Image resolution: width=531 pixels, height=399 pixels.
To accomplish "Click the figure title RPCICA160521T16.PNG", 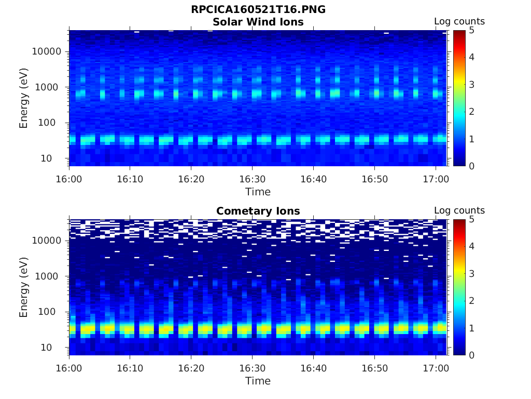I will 258,10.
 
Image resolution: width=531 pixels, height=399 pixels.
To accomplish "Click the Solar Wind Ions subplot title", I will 258,22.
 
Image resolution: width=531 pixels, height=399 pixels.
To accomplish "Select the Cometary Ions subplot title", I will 258,211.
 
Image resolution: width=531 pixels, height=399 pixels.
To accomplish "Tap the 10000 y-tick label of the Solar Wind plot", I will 47,51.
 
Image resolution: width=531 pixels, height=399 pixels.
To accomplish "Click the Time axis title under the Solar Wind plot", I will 258,192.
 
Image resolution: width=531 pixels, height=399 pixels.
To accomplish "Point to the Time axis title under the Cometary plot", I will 258,381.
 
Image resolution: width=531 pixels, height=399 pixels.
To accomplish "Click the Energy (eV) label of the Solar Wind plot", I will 24,98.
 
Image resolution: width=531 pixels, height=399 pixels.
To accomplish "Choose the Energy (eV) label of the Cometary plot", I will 24,287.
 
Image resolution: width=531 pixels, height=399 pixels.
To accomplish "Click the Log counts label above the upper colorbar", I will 459,22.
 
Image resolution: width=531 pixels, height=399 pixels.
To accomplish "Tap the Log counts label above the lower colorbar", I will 459,211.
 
